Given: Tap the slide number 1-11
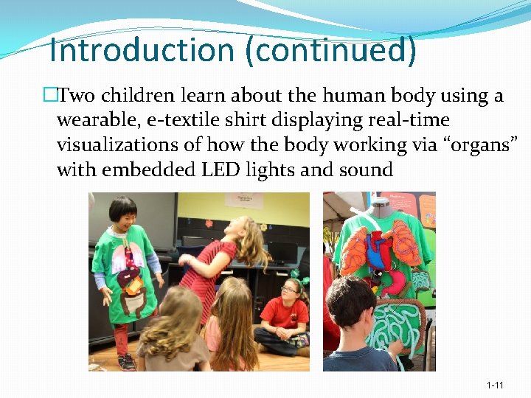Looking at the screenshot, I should [495, 385].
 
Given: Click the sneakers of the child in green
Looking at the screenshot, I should [126, 360].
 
